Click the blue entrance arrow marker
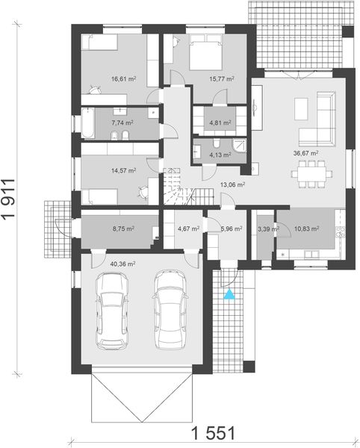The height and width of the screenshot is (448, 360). point(229,295)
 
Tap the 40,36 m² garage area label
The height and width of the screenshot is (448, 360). point(122,264)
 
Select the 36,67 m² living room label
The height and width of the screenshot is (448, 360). point(305,153)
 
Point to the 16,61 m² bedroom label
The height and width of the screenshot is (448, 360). point(123,79)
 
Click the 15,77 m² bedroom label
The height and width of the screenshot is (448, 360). point(222,79)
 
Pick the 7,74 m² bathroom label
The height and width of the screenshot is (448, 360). point(122,123)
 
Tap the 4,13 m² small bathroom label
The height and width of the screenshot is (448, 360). point(220,155)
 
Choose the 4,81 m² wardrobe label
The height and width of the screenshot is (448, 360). point(220,123)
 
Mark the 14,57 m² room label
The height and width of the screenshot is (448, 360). point(123,170)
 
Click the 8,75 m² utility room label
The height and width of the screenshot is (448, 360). point(123,228)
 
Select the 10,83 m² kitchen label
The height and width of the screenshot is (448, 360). point(306,228)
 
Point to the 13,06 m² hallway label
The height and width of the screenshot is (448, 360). point(232,184)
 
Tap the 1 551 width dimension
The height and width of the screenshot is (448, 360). point(213,433)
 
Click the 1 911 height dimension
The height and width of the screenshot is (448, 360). point(8,199)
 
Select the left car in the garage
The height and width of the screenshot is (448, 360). point(112,311)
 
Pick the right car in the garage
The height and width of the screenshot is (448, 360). point(170,309)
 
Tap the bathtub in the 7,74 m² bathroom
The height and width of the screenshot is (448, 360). point(87,123)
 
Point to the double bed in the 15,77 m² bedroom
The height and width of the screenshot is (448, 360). point(205,52)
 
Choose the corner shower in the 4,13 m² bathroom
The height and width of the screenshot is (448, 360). point(240,146)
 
